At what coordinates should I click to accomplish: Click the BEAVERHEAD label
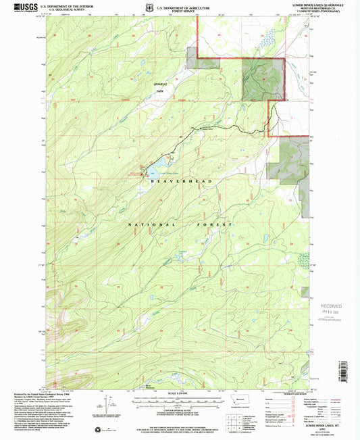[x=180, y=182]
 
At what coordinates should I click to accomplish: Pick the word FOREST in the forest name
[x=215, y=224]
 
